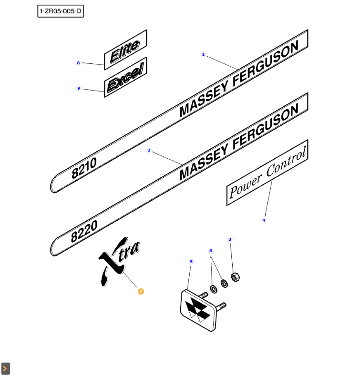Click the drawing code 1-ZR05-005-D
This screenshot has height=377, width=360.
pyautogui.click(x=61, y=11)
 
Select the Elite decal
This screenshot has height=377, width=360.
pyautogui.click(x=125, y=50)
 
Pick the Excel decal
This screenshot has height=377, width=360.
pyautogui.click(x=125, y=77)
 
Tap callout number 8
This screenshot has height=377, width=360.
pyautogui.click(x=79, y=63)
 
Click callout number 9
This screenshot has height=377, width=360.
pyautogui.click(x=79, y=88)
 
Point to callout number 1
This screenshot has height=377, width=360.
pyautogui.click(x=203, y=55)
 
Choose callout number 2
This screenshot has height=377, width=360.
pyautogui.click(x=149, y=151)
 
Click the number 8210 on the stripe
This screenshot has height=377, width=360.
pyautogui.click(x=84, y=168)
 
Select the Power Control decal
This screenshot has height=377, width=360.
pyautogui.click(x=267, y=173)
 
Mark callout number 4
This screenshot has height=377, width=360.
pyautogui.click(x=264, y=220)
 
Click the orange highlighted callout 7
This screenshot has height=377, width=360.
pyautogui.click(x=141, y=291)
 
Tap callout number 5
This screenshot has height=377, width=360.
pyautogui.click(x=191, y=262)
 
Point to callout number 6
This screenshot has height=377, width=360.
pyautogui.click(x=211, y=251)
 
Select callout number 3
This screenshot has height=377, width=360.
pyautogui.click(x=230, y=239)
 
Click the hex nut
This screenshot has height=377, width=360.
pyautogui.click(x=235, y=276)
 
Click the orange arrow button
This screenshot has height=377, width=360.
pyautogui.click(x=6, y=368)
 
